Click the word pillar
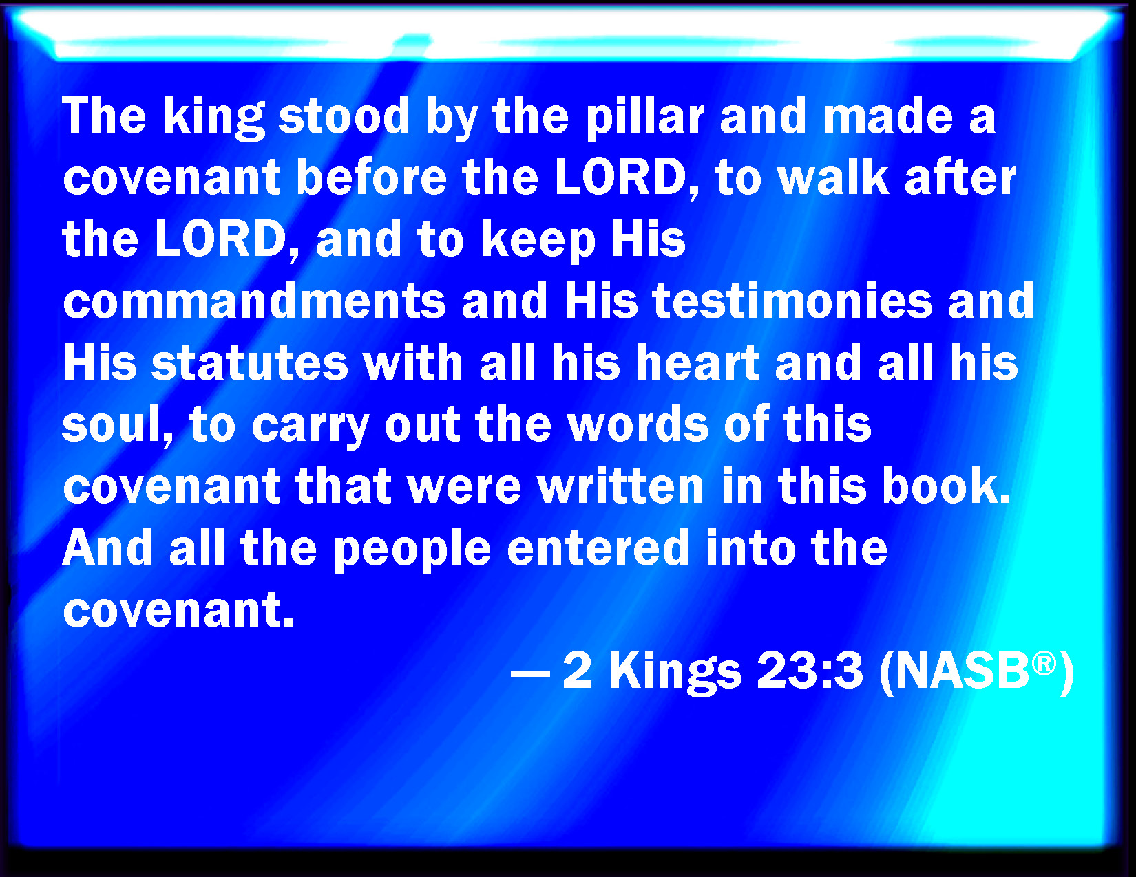[x=645, y=118]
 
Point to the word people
[x=412, y=550]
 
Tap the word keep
[x=538, y=242]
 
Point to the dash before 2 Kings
[x=530, y=673]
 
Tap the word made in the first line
[x=888, y=116]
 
